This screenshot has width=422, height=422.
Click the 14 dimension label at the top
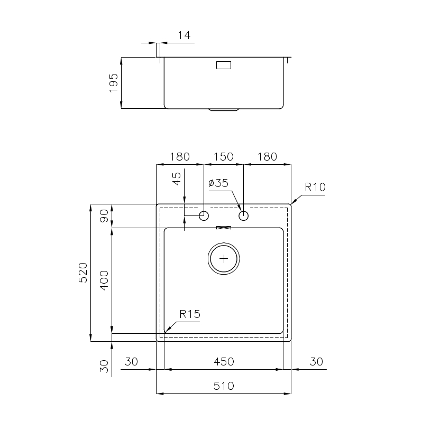(184, 35)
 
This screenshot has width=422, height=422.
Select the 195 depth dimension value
(114, 82)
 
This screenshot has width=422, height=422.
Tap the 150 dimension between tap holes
(223, 157)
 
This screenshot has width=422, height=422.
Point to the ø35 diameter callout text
(218, 183)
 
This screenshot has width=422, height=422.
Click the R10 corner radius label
(315, 187)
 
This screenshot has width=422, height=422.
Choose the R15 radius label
(190, 314)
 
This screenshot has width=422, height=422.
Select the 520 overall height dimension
(83, 273)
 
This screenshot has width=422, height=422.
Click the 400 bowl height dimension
(104, 280)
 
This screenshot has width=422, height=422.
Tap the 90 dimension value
(104, 216)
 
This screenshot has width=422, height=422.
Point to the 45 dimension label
(177, 179)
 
